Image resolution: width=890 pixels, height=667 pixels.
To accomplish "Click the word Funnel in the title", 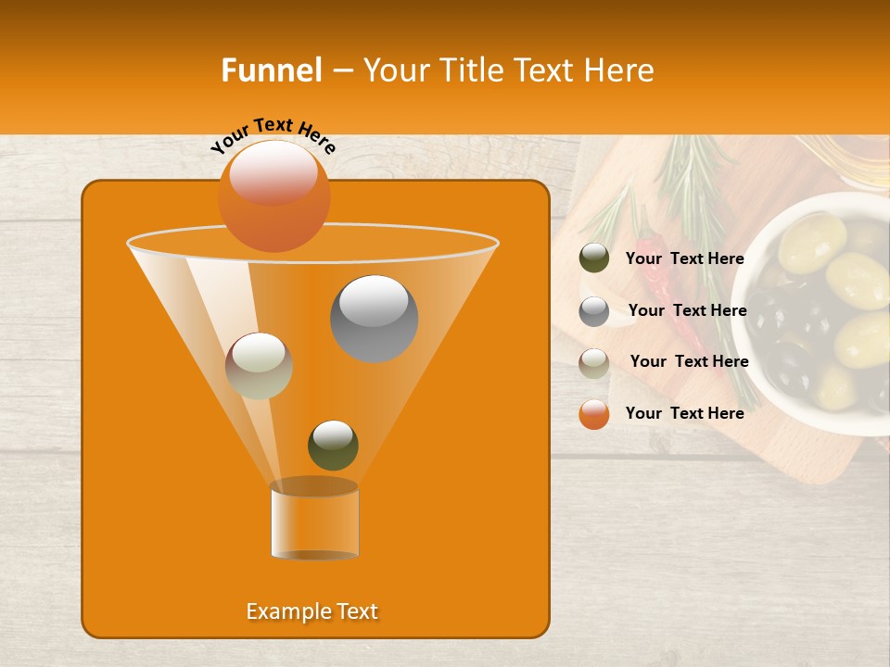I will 272,70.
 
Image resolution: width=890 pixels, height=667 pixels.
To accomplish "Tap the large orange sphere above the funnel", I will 273,195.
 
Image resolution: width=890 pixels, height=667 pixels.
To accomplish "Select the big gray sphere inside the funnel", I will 374,318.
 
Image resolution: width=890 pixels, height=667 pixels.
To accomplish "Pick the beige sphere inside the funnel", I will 259,366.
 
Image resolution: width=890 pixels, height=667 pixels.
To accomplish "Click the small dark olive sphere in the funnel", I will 333,445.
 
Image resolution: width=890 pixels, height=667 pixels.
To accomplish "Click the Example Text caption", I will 312,611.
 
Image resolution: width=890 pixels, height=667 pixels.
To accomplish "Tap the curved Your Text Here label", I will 273,134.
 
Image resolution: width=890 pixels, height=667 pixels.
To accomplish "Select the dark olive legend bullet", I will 594,258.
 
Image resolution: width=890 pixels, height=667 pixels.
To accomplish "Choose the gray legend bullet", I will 594,310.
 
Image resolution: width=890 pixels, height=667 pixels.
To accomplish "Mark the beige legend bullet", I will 594,362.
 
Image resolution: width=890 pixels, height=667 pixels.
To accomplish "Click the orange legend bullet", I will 594,414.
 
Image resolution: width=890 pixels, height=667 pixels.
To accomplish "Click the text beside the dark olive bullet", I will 684,258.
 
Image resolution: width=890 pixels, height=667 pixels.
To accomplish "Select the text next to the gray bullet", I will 687,310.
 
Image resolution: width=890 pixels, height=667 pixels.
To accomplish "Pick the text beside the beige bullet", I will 689,361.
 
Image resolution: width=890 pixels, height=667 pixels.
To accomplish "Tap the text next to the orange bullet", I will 684,413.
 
